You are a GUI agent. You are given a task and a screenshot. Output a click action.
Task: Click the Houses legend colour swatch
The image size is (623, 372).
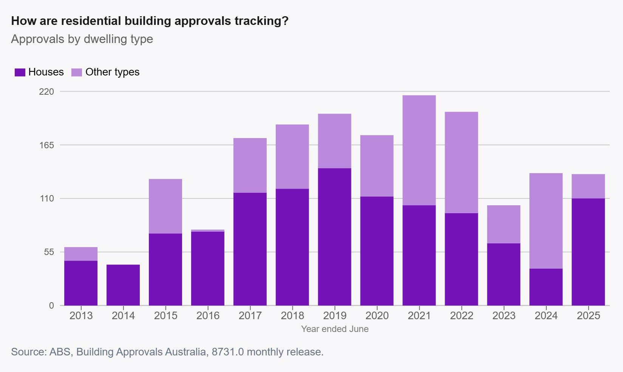click(20, 72)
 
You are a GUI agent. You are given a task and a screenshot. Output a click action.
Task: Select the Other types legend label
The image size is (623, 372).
click(112, 72)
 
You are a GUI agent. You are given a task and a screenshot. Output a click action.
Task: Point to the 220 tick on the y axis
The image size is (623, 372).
click(46, 92)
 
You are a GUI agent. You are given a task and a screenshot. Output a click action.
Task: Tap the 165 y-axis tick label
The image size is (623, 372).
click(46, 145)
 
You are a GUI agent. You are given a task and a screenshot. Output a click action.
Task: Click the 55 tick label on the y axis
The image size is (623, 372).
click(49, 252)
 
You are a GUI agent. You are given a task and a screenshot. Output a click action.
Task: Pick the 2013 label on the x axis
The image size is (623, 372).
click(81, 315)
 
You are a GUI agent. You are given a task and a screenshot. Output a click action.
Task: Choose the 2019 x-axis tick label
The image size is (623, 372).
click(335, 315)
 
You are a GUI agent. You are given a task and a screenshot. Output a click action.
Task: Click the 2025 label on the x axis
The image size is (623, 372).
click(588, 315)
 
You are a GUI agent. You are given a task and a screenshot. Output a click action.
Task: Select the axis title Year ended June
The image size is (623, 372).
click(335, 329)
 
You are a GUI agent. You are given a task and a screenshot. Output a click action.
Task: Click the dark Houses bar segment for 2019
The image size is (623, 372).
click(335, 237)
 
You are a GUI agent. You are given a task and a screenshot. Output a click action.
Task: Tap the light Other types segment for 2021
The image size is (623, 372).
click(419, 150)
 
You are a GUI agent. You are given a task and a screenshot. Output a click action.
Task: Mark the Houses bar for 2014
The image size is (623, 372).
click(123, 285)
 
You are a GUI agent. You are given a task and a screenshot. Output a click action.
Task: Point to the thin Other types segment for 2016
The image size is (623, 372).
click(208, 231)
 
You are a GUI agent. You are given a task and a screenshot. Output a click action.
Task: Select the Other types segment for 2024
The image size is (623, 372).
click(546, 221)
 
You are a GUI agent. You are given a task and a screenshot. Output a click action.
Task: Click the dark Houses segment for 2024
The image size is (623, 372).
click(546, 287)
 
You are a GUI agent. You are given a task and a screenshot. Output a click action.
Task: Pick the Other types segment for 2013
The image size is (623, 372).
click(81, 254)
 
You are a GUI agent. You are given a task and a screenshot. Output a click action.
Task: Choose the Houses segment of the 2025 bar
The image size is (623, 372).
click(588, 252)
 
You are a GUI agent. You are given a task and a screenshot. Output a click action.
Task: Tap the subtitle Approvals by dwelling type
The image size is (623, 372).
click(82, 39)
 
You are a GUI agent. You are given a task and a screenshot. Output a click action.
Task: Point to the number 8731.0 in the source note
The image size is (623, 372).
click(228, 352)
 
